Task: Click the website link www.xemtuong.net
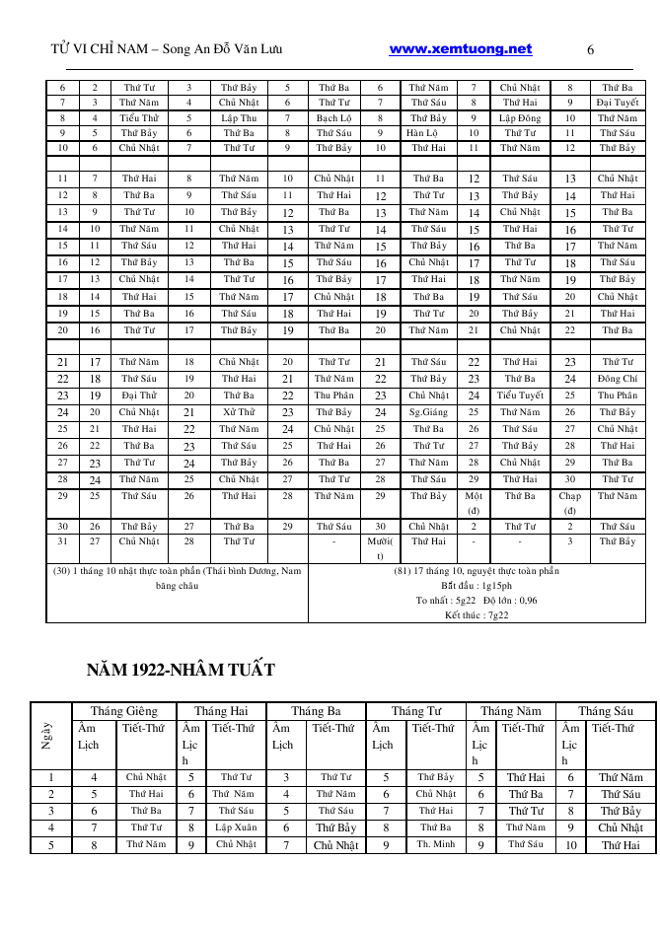460,49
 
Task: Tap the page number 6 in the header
590,50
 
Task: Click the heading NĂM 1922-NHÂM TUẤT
181,671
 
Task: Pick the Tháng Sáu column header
605,710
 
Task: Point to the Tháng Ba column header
316,710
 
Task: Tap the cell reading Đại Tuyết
618,102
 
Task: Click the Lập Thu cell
239,117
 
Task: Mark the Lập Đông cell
520,117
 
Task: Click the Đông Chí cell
618,378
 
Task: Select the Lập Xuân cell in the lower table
236,800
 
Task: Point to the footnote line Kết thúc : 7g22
477,614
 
